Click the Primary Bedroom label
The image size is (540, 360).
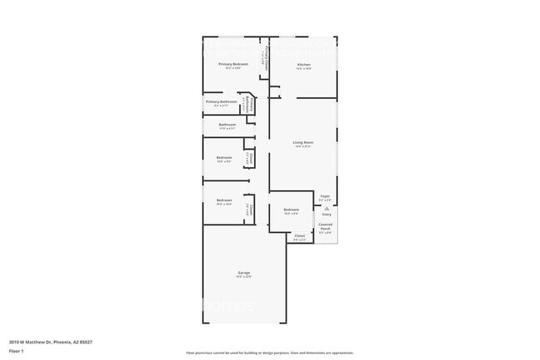pos(233,64)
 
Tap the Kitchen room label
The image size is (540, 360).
pos(304,64)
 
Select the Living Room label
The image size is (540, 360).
pos(303,143)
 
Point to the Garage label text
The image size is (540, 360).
pos(245,273)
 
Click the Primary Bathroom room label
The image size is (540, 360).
pos(221,101)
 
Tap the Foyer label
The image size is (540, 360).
pos(326,196)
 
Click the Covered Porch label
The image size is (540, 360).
pos(326,226)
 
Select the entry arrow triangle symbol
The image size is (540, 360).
pos(326,209)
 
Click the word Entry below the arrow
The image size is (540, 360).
pos(326,215)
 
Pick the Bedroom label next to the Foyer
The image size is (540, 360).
pos(291,210)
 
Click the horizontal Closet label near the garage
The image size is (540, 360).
pos(300,235)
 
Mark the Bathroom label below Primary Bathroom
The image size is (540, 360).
pos(228,125)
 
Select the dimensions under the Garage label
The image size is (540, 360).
pos(245,277)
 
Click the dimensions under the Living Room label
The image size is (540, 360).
pos(303,147)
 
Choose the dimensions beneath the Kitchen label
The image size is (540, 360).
pos(304,68)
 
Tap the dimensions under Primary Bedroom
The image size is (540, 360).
pos(233,68)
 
